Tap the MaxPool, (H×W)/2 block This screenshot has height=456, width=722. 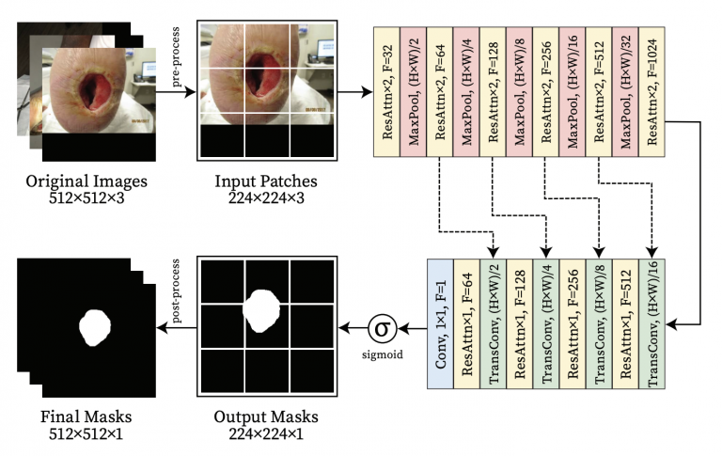414,89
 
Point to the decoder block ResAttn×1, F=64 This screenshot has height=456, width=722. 467,326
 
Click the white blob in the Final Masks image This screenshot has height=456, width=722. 94,326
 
